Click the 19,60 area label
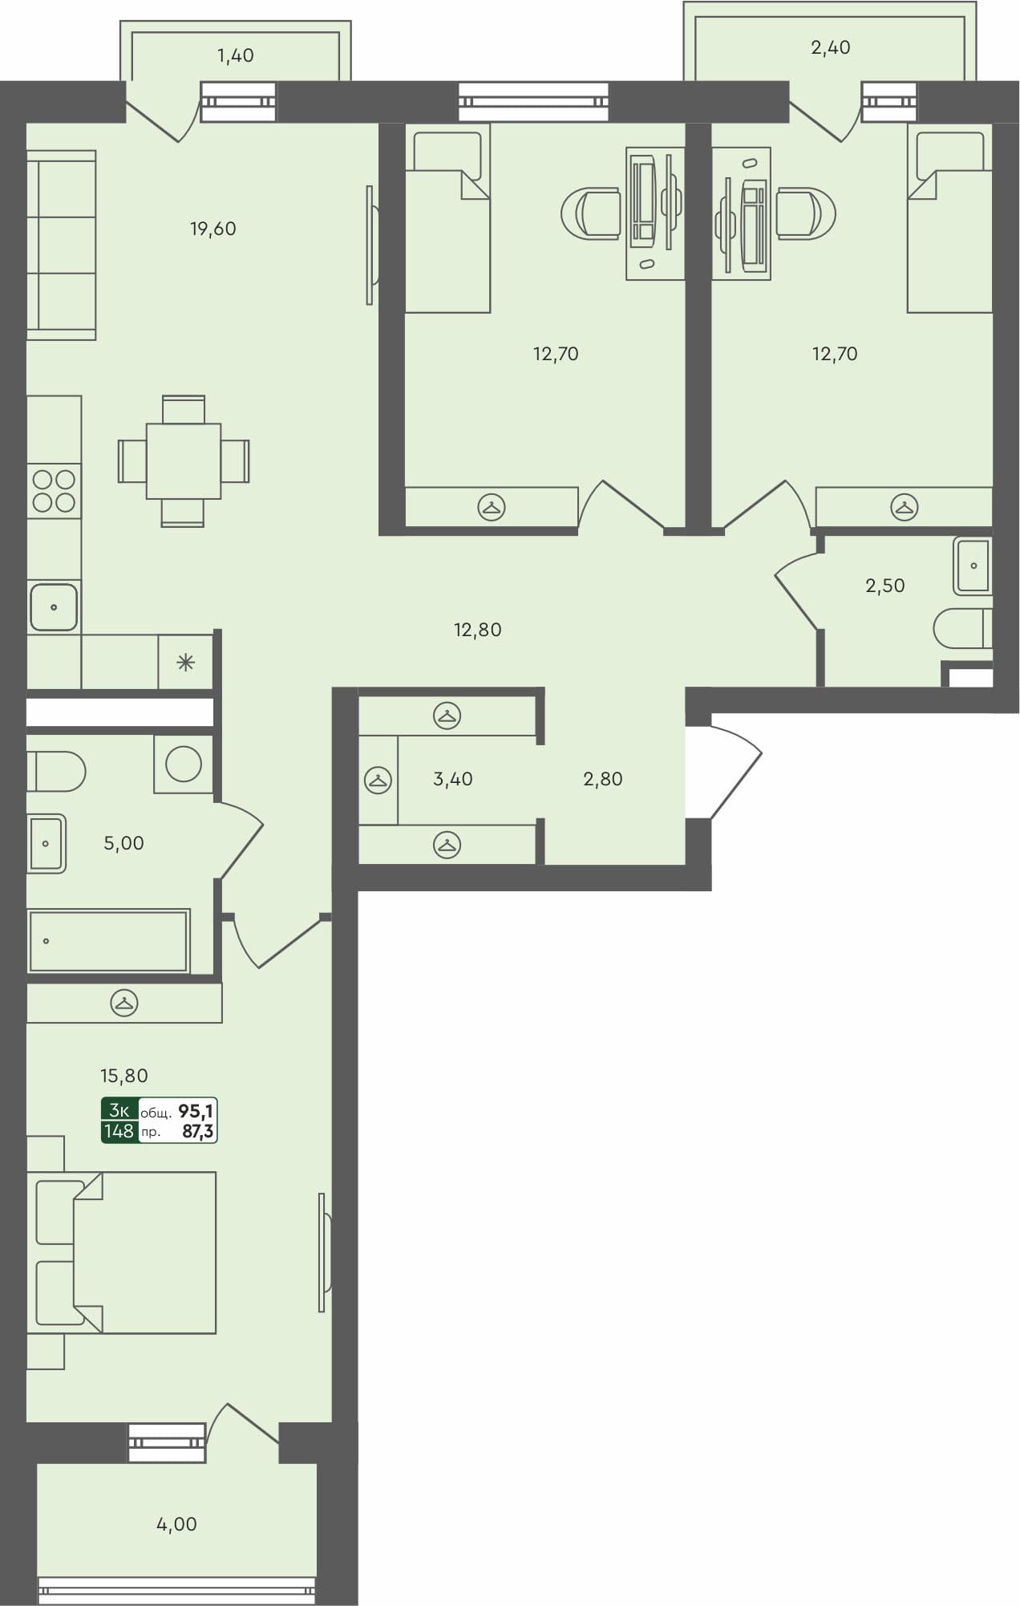[212, 229]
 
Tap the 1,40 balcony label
[236, 55]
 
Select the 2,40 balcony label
[830, 47]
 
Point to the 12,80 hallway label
[477, 630]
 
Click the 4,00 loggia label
[176, 1523]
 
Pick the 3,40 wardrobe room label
[452, 779]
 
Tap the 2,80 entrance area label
[602, 779]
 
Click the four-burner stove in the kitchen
[54, 491]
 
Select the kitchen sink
[54, 606]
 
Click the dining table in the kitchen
[184, 461]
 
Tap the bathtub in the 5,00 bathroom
[108, 940]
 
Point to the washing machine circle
[184, 764]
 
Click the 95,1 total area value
[196, 1111]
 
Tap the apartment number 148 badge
[119, 1131]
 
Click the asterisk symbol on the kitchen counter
[185, 663]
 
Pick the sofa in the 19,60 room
[61, 245]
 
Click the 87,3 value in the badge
[197, 1132]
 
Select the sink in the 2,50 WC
[973, 566]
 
